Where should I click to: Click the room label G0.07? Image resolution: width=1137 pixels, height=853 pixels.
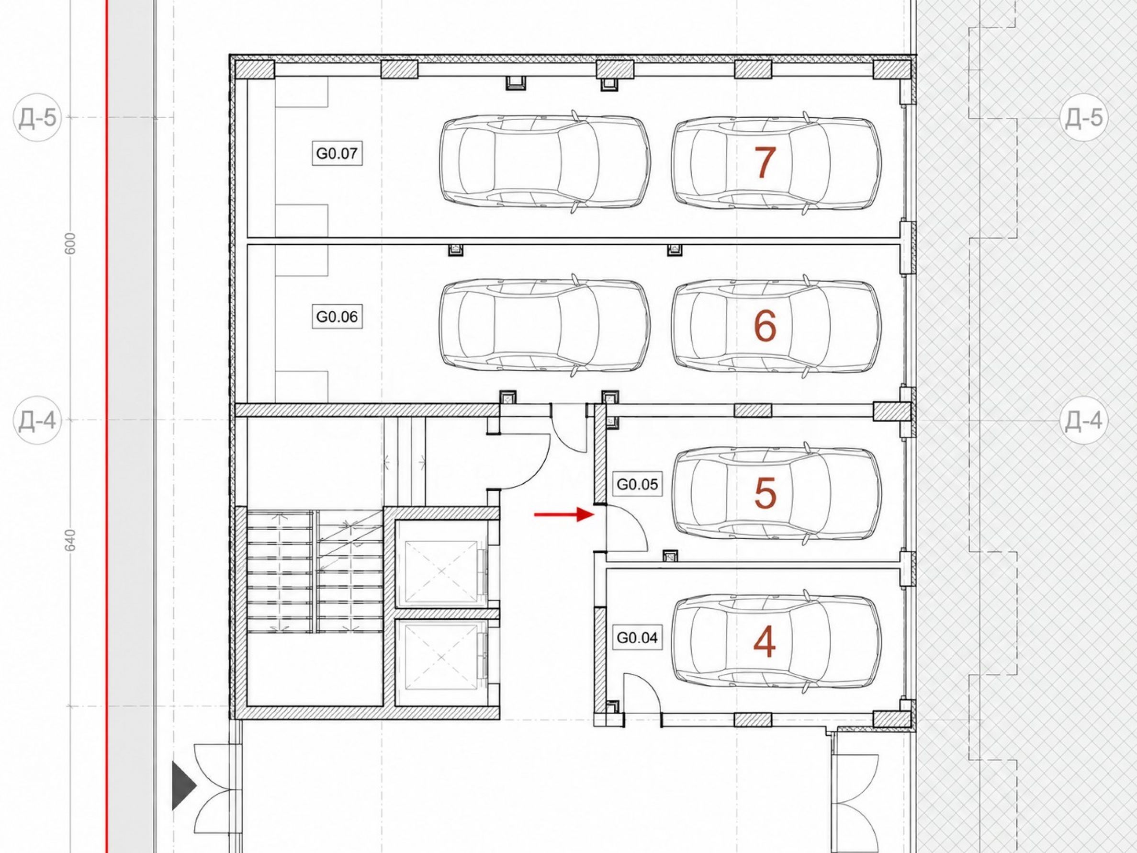337,154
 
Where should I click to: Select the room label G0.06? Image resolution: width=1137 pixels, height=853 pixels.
337,317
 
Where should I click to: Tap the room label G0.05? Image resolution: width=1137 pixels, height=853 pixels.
637,484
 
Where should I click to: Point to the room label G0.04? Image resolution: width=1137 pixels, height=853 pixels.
637,638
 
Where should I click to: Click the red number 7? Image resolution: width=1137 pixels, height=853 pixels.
765,162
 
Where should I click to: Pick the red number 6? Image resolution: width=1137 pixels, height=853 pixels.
765,326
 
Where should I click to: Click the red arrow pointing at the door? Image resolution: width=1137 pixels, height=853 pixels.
564,514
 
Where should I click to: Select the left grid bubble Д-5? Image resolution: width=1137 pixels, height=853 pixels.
37,118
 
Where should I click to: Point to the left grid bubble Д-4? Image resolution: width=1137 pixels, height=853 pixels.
37,421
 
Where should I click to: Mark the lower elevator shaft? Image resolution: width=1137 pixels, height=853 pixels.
441,662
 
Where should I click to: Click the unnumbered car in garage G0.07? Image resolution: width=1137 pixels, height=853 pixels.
545,162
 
